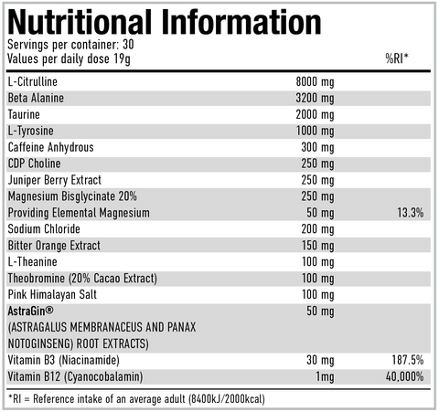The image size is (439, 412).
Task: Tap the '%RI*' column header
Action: [397, 59]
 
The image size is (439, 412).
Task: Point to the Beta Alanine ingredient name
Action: [34, 99]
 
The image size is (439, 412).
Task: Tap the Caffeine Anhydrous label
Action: [49, 147]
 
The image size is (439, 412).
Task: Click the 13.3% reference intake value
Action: [411, 213]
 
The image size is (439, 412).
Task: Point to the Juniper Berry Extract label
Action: [54, 180]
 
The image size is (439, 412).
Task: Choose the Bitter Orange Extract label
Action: [52, 246]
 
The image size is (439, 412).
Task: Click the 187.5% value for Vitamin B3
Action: [407, 361]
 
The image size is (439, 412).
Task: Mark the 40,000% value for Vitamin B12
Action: [405, 376]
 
